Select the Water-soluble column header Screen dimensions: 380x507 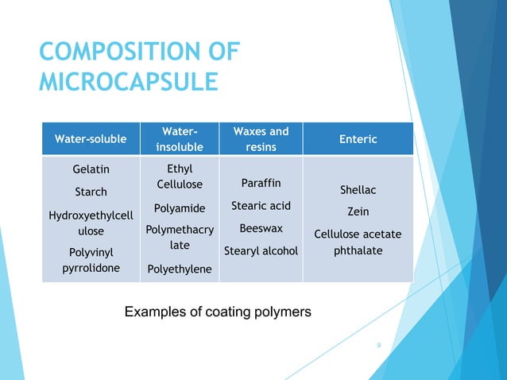click(x=90, y=139)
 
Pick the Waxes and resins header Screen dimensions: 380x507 click(x=261, y=138)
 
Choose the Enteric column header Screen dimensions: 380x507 click(x=358, y=139)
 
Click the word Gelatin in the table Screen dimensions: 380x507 click(x=91, y=169)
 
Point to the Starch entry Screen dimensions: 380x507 click(x=91, y=192)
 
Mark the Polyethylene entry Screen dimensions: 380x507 click(x=180, y=269)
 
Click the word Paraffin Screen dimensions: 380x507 click(x=261, y=184)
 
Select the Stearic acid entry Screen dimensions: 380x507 click(x=261, y=206)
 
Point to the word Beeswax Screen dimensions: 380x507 click(x=261, y=228)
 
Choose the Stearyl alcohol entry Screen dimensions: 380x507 click(x=261, y=251)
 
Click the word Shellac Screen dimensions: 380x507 click(x=358, y=190)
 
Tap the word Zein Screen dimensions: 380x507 click(x=358, y=212)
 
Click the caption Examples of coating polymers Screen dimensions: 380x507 click(x=218, y=311)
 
